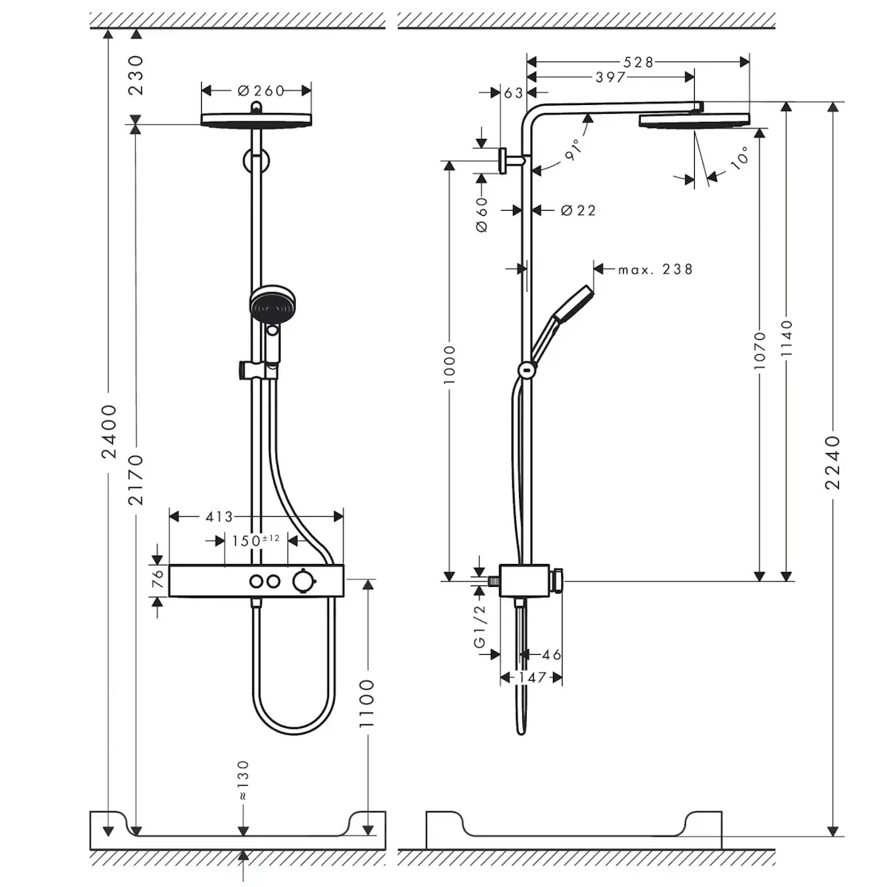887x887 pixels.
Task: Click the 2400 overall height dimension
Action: tap(109, 431)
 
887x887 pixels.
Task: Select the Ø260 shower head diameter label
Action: tap(262, 91)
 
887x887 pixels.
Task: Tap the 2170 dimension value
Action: tap(136, 480)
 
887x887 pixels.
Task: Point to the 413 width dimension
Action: tap(219, 517)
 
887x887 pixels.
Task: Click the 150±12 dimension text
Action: tap(256, 540)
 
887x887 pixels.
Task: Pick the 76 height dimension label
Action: tap(158, 579)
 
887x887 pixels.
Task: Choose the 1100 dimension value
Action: tap(367, 704)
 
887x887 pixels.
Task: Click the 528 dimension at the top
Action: tap(638, 62)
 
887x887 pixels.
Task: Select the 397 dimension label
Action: tap(611, 78)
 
